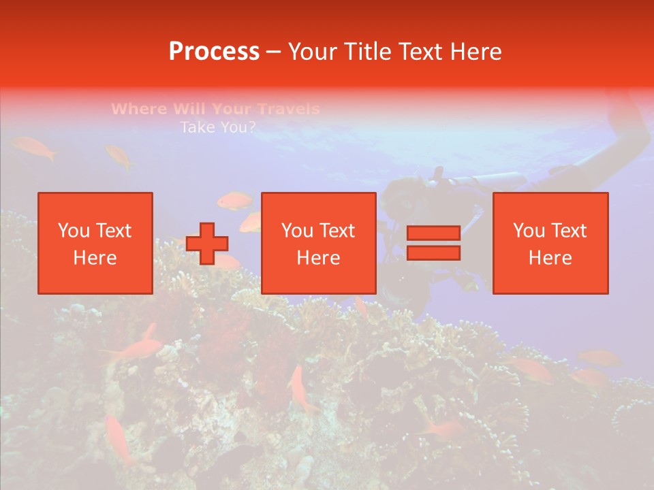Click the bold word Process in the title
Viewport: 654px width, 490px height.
[214, 52]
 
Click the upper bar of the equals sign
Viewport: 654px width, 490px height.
[433, 233]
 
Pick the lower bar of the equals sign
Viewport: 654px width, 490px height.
[433, 253]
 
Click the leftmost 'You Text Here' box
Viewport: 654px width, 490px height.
[95, 243]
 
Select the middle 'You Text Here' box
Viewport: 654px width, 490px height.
[319, 243]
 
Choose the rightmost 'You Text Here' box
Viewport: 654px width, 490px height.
[550, 243]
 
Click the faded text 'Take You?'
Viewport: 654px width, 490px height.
[217, 127]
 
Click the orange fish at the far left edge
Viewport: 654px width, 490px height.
[33, 147]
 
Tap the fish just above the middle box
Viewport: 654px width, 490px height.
[235, 200]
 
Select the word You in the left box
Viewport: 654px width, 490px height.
[73, 231]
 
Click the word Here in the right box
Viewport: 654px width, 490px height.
[550, 258]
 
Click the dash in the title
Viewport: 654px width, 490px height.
[274, 52]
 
